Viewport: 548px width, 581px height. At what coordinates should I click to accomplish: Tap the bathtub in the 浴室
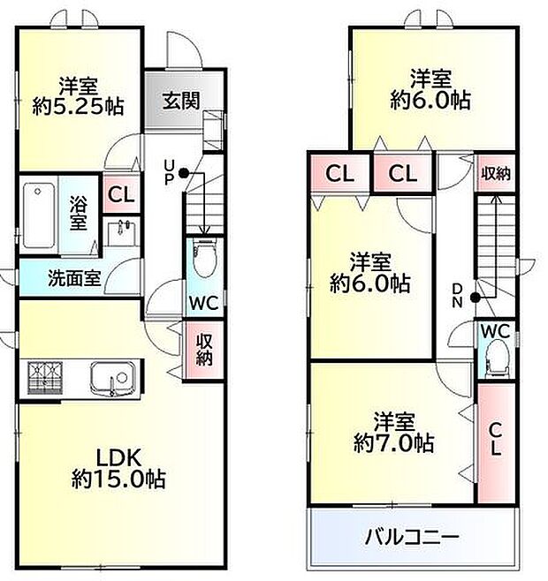[x=38, y=215]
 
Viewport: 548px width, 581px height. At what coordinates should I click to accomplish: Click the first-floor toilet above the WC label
[x=202, y=255]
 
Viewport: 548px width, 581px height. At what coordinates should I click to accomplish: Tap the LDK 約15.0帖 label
[x=118, y=469]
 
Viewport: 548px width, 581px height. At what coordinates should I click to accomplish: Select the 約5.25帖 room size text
[x=79, y=107]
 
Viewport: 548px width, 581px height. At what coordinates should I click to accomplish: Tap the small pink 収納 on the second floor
[x=495, y=173]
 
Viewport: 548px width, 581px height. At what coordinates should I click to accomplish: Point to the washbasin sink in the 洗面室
[x=121, y=232]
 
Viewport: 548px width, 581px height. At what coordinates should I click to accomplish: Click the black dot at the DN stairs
[x=476, y=297]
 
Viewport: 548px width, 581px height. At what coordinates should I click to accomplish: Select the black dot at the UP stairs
[x=184, y=173]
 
